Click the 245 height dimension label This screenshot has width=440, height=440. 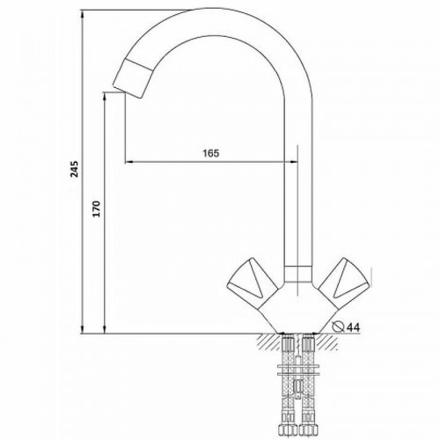[75, 169]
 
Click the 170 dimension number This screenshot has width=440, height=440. [97, 209]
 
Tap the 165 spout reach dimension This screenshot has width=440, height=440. [211, 153]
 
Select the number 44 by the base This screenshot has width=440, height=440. [353, 327]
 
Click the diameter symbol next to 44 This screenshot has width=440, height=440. [339, 326]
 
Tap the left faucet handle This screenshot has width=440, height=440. [253, 282]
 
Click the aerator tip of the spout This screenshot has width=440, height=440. [133, 78]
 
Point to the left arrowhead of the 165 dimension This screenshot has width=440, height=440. [129, 161]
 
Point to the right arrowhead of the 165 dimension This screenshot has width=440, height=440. [294, 161]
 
